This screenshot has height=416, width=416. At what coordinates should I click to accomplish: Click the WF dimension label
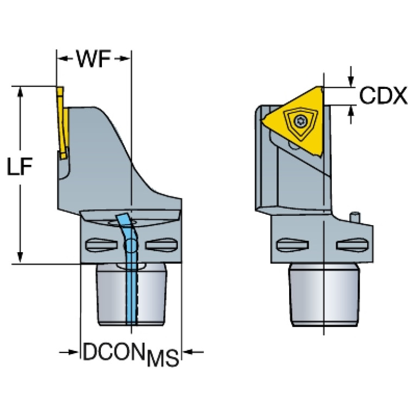click(93, 59)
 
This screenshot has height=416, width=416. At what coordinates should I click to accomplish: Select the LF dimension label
click(20, 167)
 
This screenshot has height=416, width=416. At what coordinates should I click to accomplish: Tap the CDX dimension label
click(383, 95)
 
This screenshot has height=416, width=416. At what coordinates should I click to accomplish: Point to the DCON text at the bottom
click(114, 351)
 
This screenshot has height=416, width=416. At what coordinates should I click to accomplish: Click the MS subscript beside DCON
click(163, 358)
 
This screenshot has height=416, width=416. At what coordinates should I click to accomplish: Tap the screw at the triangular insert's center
click(300, 122)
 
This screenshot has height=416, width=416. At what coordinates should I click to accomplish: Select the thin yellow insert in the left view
click(63, 123)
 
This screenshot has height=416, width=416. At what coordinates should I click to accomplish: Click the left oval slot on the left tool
click(101, 245)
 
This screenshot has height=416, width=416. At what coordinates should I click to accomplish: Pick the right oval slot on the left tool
click(162, 245)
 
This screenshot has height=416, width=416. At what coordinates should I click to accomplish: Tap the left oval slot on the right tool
click(292, 245)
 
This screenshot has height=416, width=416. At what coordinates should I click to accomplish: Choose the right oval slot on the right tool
click(352, 245)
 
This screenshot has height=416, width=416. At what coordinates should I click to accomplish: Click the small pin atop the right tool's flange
click(355, 216)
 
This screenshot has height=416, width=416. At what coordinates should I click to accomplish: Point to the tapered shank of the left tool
click(132, 295)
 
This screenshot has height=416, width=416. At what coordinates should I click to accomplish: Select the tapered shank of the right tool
click(324, 295)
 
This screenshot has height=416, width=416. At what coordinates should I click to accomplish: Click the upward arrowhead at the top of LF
click(20, 92)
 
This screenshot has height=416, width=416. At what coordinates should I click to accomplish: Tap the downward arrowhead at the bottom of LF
click(20, 258)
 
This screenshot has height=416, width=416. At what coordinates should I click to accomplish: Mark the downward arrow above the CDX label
click(351, 76)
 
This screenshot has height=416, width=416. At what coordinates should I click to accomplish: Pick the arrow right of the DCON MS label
click(194, 352)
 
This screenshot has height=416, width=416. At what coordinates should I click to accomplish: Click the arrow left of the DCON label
click(69, 352)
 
